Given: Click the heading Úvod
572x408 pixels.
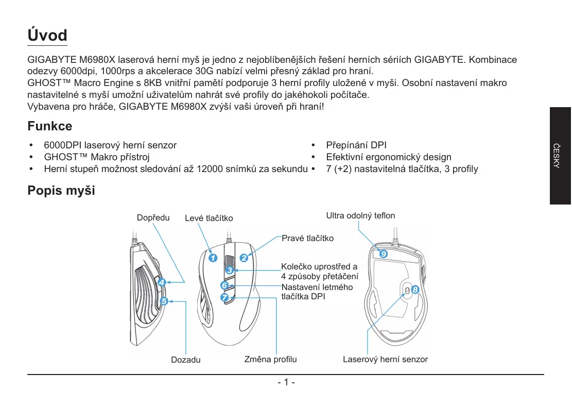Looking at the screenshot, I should point(47,36).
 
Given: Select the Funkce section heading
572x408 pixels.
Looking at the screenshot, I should point(49,126).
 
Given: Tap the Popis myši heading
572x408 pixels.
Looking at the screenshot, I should point(61,191).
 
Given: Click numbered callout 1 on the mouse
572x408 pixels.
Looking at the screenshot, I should point(213,258).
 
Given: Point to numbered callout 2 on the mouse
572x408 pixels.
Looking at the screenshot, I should point(244,258).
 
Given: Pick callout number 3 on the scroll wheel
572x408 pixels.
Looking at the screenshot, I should point(230,270).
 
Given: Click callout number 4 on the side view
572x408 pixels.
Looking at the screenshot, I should point(162,282).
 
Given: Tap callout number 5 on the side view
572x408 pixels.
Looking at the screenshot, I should point(164,301).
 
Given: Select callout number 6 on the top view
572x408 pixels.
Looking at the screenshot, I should point(224,285).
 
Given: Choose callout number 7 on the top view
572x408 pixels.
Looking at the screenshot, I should point(224,298).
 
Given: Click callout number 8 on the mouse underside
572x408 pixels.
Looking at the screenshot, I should point(415,290).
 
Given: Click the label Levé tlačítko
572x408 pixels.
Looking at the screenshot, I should point(209,218).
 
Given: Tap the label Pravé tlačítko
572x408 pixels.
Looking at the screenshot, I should point(307,239).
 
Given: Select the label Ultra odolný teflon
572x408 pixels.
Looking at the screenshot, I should point(360,215).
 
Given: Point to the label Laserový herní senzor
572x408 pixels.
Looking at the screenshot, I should point(385,359).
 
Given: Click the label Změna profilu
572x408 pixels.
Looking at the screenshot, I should point(270,359).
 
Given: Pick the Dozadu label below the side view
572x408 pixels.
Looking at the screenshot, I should point(186,360).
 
